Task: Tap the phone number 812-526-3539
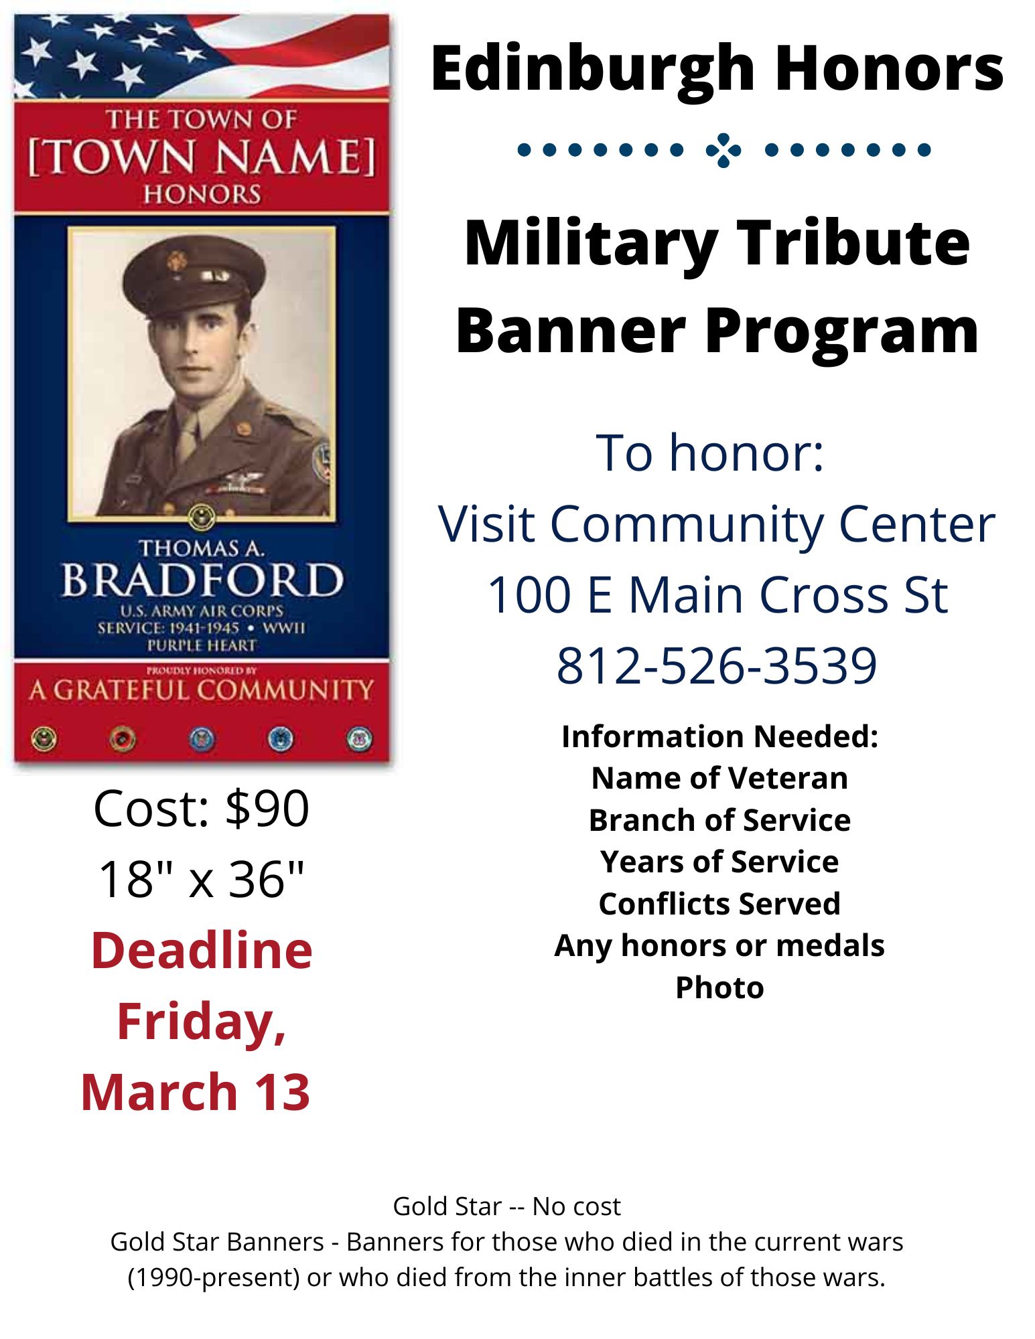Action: coord(716,665)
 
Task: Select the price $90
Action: coord(267,808)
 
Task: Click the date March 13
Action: coord(196,1092)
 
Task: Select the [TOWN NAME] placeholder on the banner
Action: coord(202,157)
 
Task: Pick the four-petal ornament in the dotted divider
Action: coord(723,150)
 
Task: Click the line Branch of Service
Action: coord(719,820)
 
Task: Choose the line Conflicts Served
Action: coord(719,904)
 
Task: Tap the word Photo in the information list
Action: coord(719,988)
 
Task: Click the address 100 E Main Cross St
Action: coord(717,595)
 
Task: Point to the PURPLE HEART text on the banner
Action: coord(202,645)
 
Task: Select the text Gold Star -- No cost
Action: coord(506,1206)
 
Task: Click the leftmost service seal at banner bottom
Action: coord(44,738)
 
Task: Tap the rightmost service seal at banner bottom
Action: coord(359,738)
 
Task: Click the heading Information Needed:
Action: coord(719,736)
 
